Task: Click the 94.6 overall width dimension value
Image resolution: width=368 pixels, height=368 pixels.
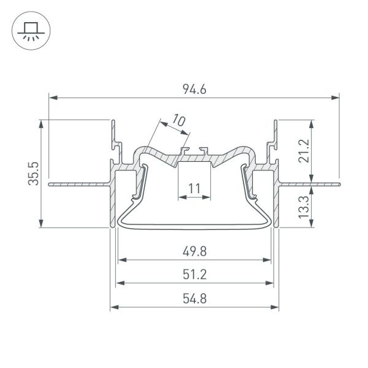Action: tap(194, 90)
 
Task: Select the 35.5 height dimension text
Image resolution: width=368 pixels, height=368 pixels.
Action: tap(36, 173)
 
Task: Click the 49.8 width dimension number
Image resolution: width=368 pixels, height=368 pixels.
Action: tap(194, 251)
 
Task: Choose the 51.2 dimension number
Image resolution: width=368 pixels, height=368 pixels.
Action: tap(194, 274)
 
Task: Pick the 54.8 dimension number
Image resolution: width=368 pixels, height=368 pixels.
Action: tap(194, 298)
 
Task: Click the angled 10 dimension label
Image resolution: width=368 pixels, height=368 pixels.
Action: tap(178, 120)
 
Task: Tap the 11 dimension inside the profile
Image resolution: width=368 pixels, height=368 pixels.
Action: tap(194, 189)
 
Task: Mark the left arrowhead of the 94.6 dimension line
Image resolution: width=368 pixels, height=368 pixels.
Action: tap(52, 97)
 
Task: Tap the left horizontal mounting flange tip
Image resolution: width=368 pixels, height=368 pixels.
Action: tap(49, 183)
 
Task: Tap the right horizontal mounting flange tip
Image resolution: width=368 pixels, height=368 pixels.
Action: tap(337, 182)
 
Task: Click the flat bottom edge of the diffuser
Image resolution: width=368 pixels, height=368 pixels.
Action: tap(194, 226)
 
